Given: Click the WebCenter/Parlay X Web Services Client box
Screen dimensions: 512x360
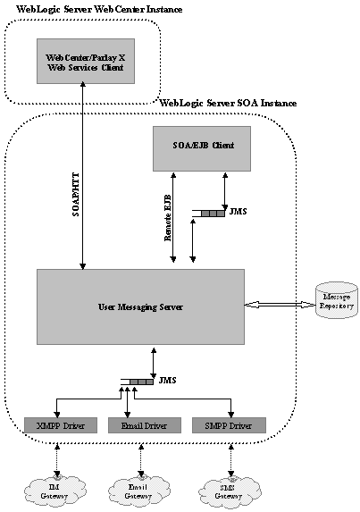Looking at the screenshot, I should click(x=80, y=60).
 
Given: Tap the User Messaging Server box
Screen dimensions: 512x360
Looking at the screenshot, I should click(x=140, y=306).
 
